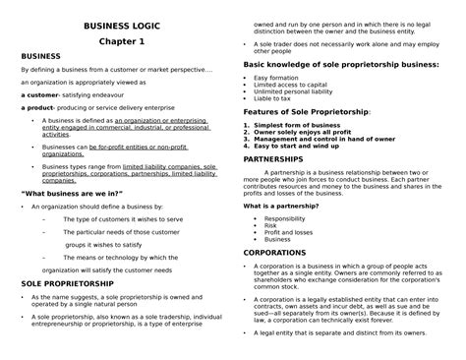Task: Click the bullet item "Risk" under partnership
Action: (x=270, y=225)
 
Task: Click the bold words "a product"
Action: (x=37, y=109)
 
